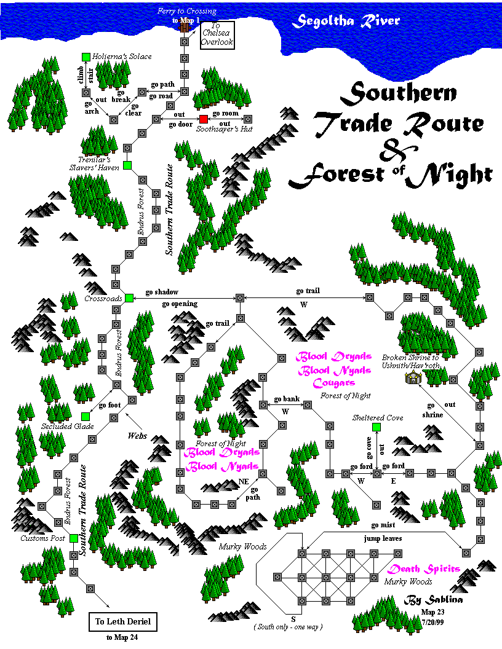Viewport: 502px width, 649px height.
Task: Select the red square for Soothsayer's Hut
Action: (204, 119)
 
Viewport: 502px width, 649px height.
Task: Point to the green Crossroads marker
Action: (129, 298)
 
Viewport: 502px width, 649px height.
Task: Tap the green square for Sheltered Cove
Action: (376, 427)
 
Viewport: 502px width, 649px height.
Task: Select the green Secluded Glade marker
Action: (86, 416)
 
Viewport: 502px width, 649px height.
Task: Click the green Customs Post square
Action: (73, 538)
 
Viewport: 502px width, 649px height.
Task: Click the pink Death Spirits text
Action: (424, 569)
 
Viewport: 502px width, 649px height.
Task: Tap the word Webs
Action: (138, 435)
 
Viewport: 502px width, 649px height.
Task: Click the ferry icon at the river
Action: (183, 28)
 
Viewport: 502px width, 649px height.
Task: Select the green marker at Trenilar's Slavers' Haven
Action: (127, 165)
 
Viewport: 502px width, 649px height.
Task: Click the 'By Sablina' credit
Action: (432, 599)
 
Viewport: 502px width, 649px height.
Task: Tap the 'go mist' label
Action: (383, 525)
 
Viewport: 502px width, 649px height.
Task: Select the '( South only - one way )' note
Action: (289, 626)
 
